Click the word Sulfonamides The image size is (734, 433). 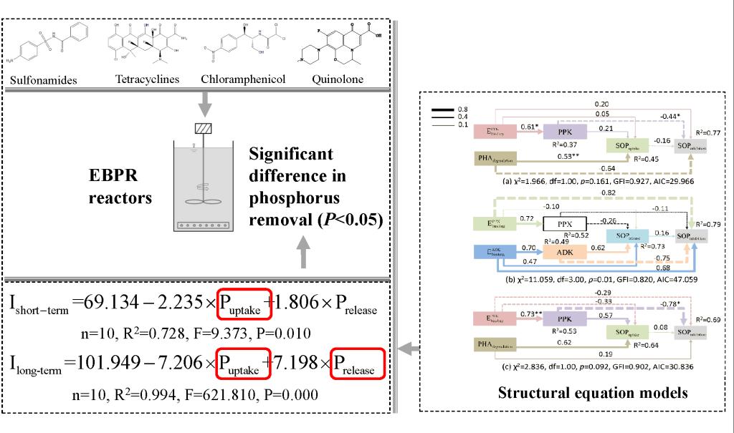tap(43, 79)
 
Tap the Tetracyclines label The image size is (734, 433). tap(147, 79)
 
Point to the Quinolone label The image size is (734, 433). tap(337, 79)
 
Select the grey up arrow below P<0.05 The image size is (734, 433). tap(304, 252)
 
